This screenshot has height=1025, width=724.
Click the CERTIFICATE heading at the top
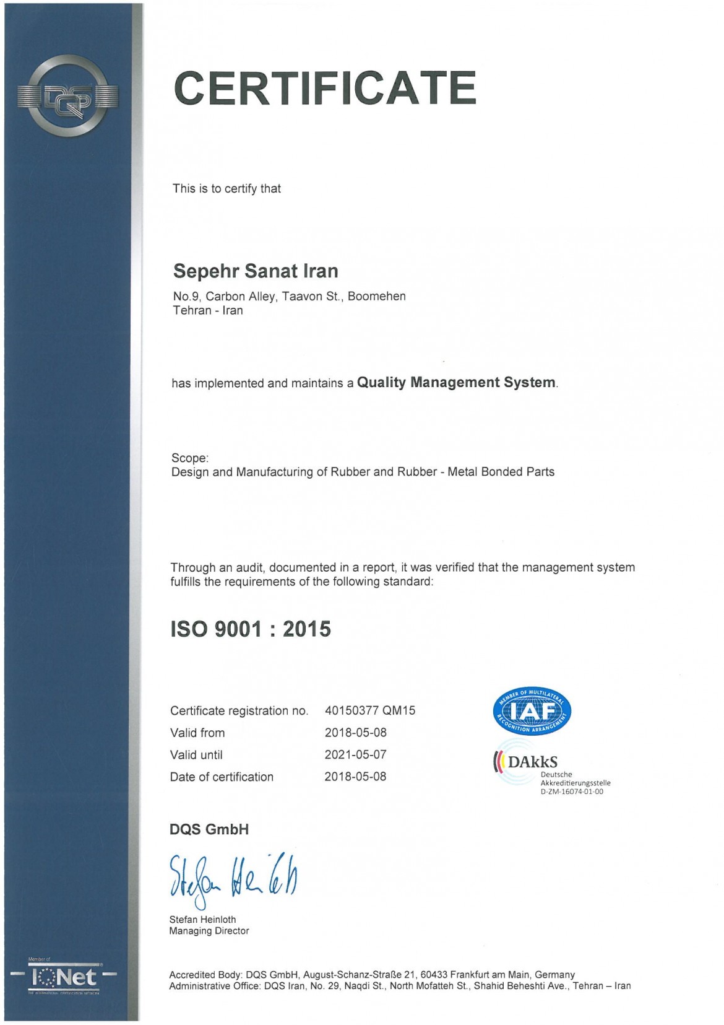pyautogui.click(x=325, y=88)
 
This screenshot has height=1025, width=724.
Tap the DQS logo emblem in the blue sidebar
pyautogui.click(x=68, y=96)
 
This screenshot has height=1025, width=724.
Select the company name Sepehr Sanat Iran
pyautogui.click(x=256, y=271)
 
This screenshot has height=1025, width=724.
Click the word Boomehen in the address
pyautogui.click(x=376, y=297)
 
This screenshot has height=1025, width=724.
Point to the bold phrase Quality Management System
pyautogui.click(x=456, y=383)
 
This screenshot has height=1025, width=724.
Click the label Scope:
pyautogui.click(x=190, y=458)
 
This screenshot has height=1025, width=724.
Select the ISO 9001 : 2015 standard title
pyautogui.click(x=251, y=629)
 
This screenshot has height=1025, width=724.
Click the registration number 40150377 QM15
pyautogui.click(x=370, y=711)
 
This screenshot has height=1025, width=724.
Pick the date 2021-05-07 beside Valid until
pyautogui.click(x=355, y=755)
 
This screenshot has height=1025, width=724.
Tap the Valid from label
pyautogui.click(x=197, y=733)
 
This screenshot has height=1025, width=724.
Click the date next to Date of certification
pyautogui.click(x=355, y=777)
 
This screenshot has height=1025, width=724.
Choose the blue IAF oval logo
pyautogui.click(x=532, y=712)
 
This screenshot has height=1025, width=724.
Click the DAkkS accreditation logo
pyautogui.click(x=526, y=762)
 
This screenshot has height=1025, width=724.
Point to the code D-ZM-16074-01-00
pyautogui.click(x=572, y=792)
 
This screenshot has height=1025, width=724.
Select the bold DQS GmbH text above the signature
pyautogui.click(x=209, y=830)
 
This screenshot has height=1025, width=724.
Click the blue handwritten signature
pyautogui.click(x=233, y=878)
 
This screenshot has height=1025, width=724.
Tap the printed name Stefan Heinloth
pyautogui.click(x=202, y=920)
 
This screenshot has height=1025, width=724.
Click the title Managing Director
pyautogui.click(x=209, y=931)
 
